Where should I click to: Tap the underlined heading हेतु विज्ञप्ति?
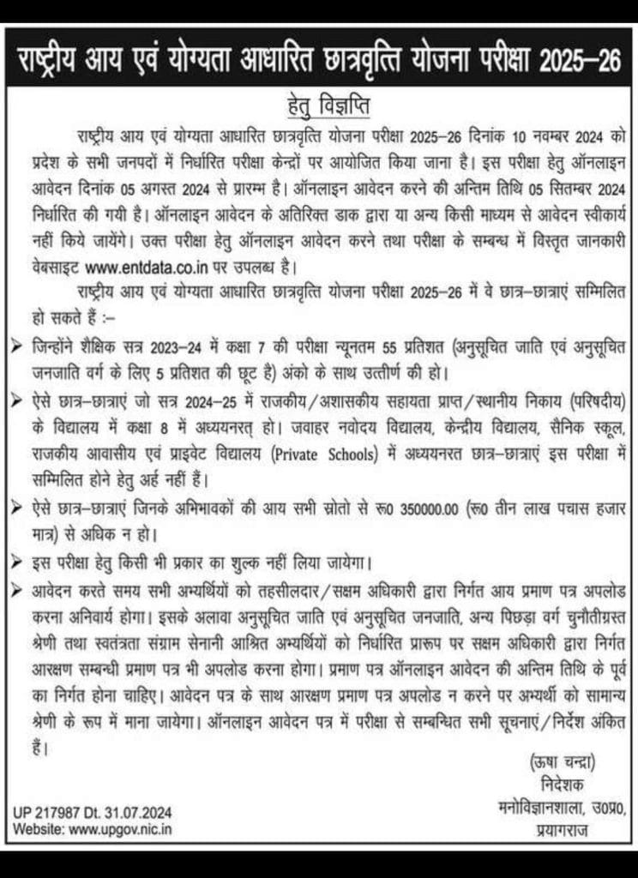point(319,109)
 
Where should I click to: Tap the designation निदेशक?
point(557,783)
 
